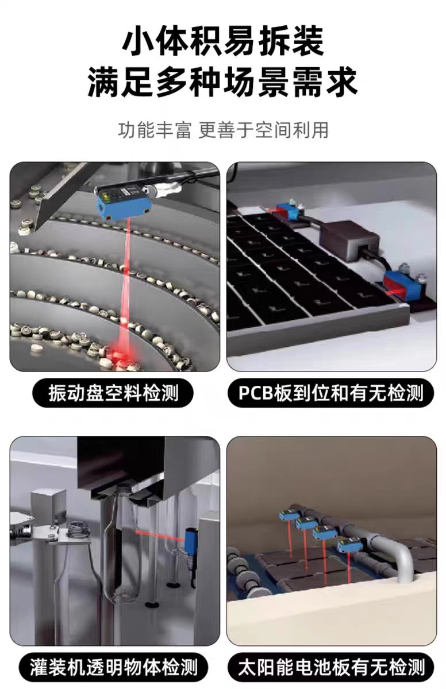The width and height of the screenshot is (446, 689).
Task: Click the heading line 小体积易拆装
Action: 223,41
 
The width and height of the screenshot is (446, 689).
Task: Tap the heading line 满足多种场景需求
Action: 223,83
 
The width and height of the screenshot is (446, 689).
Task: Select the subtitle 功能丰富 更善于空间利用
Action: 223,130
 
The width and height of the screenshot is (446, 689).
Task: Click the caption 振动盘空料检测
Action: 113,393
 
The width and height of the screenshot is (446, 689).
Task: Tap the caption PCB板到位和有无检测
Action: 331,393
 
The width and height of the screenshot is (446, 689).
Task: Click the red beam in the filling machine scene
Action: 160,535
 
